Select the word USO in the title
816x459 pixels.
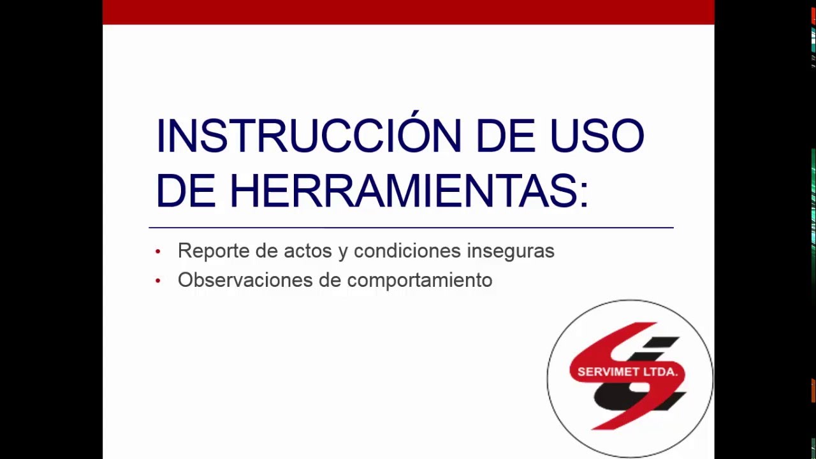tap(597, 136)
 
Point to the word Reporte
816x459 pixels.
tap(213, 251)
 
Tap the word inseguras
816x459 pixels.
tap(510, 251)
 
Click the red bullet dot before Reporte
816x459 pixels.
tap(158, 252)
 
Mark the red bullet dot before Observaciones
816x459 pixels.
tap(158, 280)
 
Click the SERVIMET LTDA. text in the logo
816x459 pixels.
tap(627, 372)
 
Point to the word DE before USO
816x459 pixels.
tap(505, 136)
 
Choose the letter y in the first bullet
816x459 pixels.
tap(343, 252)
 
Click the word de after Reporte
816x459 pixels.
tap(266, 251)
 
